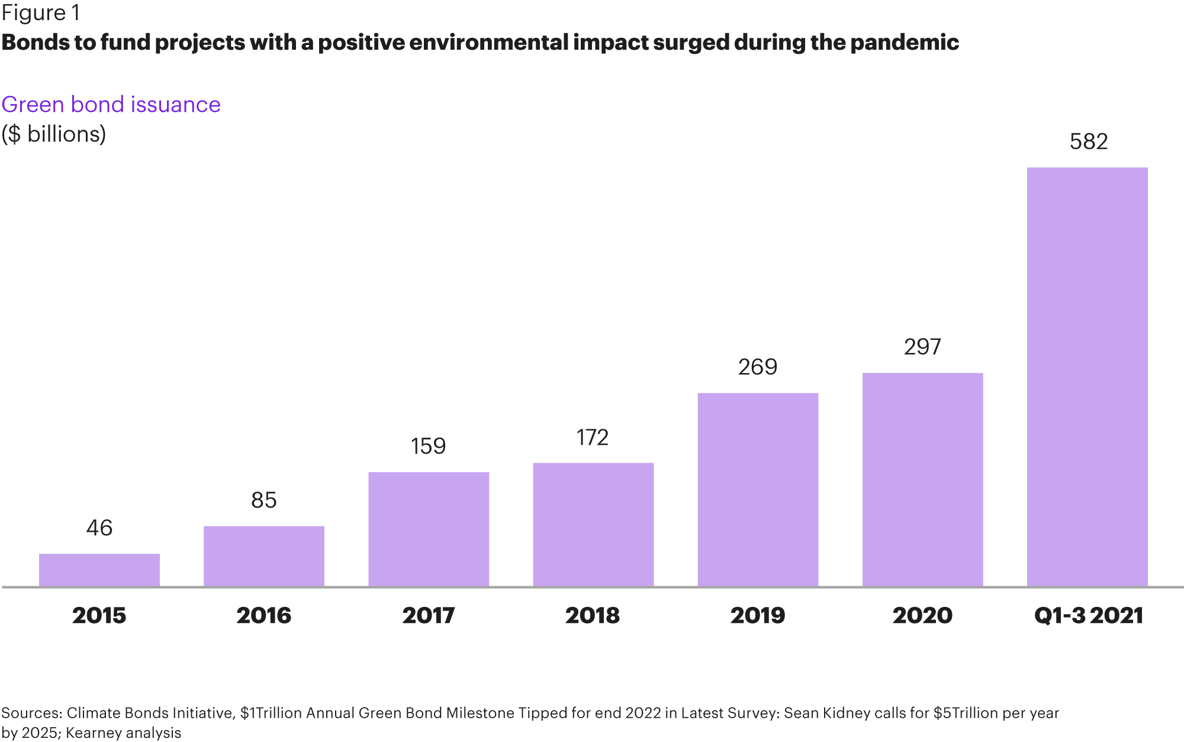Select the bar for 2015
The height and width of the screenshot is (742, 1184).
[x=99, y=570]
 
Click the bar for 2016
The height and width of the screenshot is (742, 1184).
[x=264, y=556]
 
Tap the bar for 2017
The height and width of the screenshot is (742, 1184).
[x=429, y=529]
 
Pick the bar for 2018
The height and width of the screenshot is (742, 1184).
[x=593, y=525]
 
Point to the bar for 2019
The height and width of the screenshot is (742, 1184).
[x=758, y=490]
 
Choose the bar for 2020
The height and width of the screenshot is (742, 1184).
[x=922, y=480]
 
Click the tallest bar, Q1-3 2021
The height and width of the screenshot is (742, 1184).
[x=1087, y=377]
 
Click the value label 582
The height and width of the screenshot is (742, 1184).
[x=1088, y=142]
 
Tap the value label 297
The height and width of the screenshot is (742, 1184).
[x=922, y=347]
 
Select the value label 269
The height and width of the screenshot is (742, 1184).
[x=758, y=367]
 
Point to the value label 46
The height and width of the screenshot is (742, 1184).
[x=99, y=528]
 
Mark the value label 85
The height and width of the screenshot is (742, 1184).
[x=264, y=500]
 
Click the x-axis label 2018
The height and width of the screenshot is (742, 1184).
[x=593, y=615]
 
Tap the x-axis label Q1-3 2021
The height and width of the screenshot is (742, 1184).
[x=1088, y=615]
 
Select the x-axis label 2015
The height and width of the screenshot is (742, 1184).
[x=99, y=615]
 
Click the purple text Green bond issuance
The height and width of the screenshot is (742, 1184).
[x=111, y=104]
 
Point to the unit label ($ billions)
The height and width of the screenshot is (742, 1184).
[x=54, y=134]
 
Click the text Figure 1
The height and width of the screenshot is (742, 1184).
[x=40, y=13]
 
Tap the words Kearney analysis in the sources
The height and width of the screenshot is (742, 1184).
[x=123, y=733]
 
